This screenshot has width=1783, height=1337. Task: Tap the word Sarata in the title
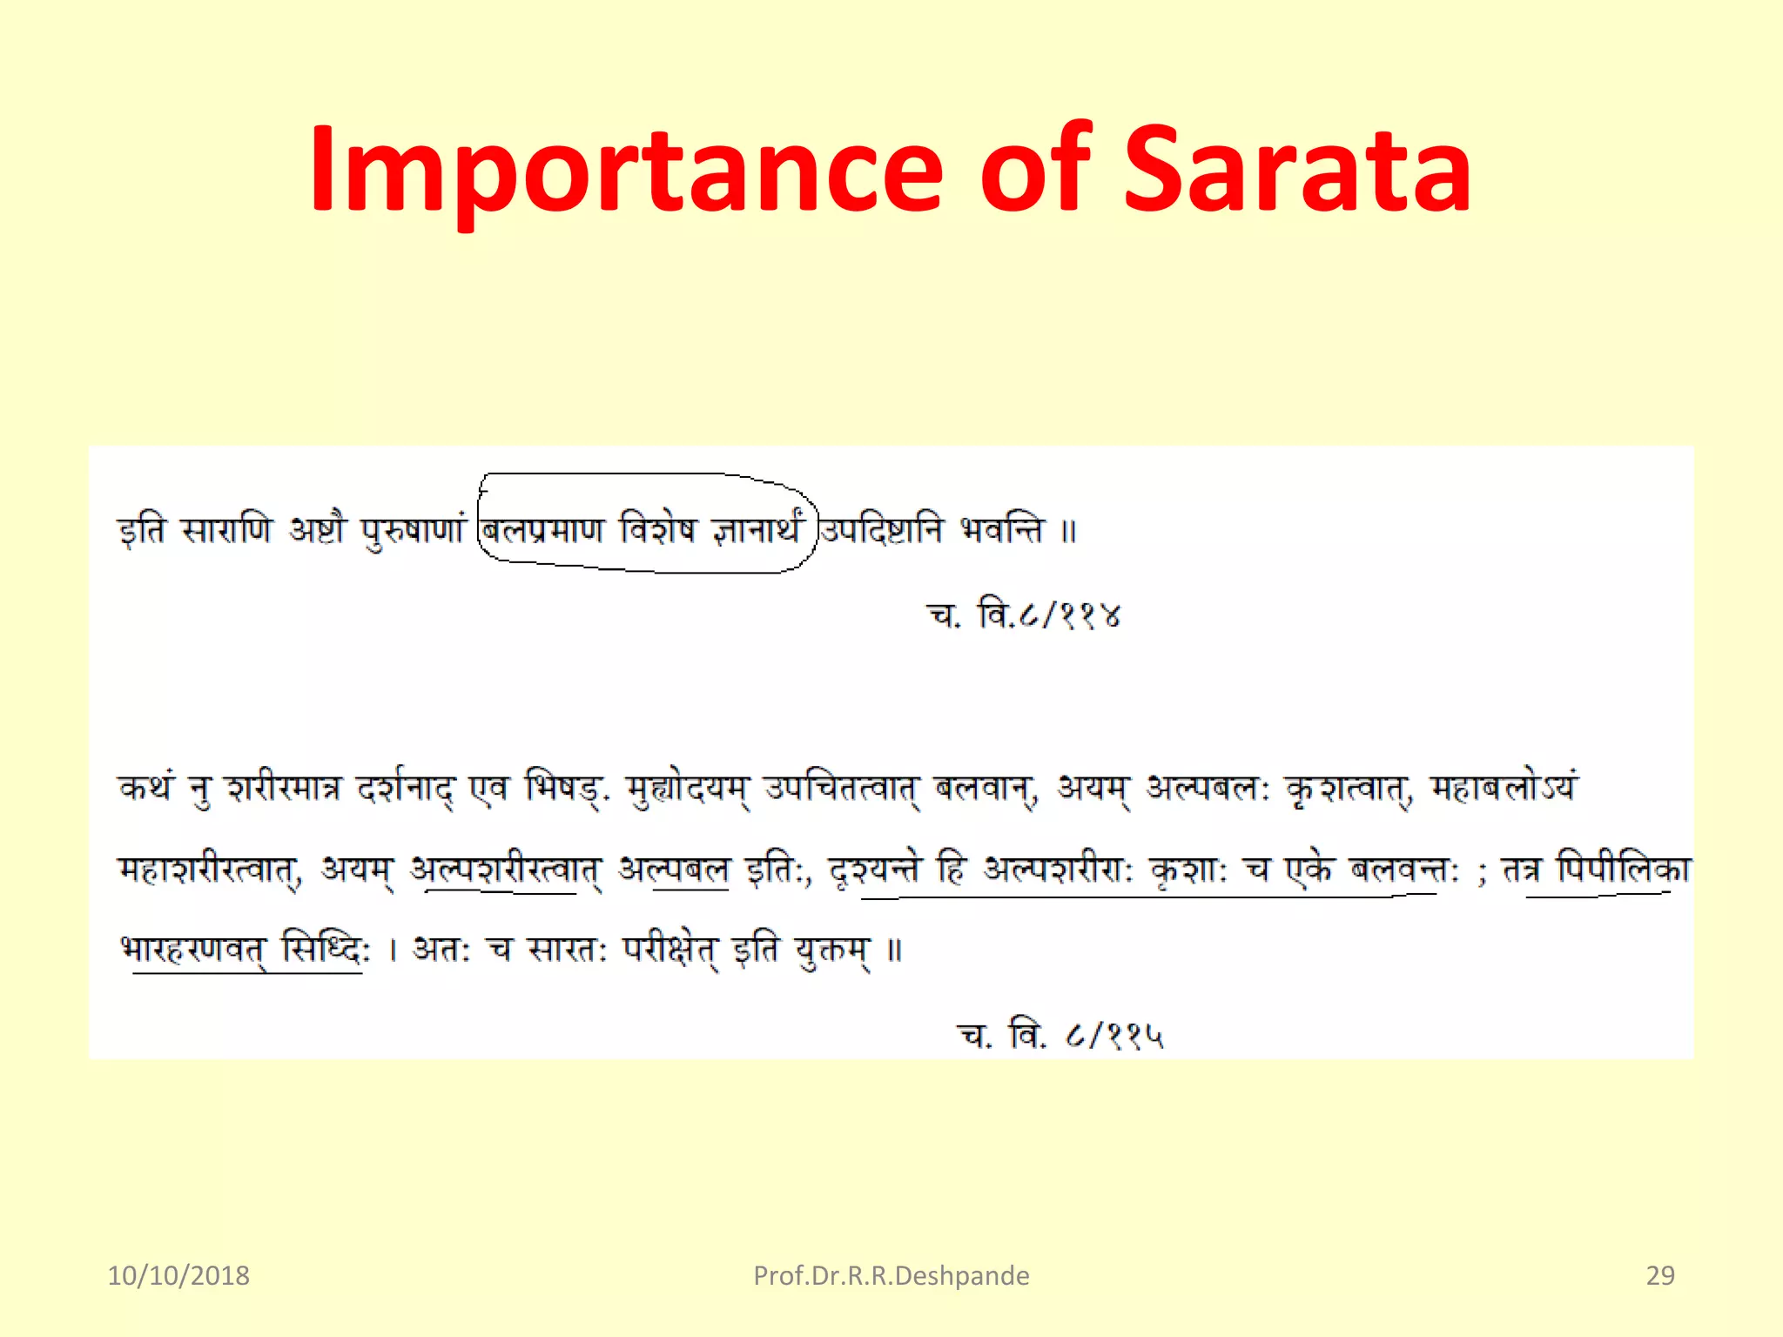tap(1297, 170)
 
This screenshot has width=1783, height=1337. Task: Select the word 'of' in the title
tap(1036, 170)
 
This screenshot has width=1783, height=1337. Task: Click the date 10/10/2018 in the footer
tap(178, 1275)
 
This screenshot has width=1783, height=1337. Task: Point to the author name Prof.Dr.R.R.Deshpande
tap(891, 1275)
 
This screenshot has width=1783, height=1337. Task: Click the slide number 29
tap(1660, 1275)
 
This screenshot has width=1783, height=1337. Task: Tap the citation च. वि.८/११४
tap(1025, 615)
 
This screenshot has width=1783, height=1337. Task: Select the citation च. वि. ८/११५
tap(1060, 1035)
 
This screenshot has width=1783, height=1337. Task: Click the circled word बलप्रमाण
tap(543, 529)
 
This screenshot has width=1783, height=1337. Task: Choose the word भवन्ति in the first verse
tap(1001, 529)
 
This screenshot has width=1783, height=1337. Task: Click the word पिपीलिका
tap(1624, 869)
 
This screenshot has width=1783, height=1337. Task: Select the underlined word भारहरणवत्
tap(193, 948)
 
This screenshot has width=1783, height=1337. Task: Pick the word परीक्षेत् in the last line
tap(670, 948)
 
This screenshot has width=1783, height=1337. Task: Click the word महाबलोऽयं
tap(1504, 789)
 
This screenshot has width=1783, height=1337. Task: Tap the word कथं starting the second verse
tap(146, 789)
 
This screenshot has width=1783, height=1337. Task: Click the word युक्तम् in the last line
tap(832, 948)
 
